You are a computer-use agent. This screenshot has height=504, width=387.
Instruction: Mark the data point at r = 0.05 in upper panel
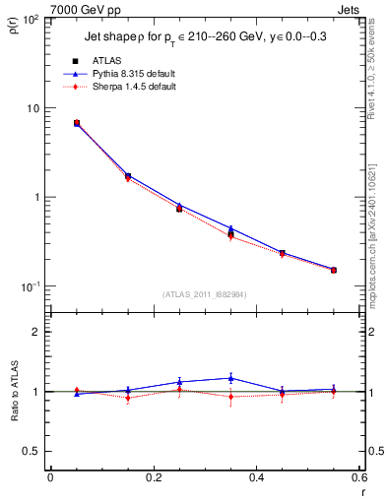click(77, 123)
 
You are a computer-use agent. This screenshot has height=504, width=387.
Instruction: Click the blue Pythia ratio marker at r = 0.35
click(230, 378)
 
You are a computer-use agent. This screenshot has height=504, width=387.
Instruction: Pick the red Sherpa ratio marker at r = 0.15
click(128, 398)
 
